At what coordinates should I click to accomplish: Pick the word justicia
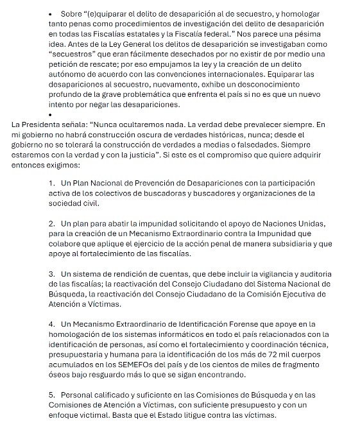143,155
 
